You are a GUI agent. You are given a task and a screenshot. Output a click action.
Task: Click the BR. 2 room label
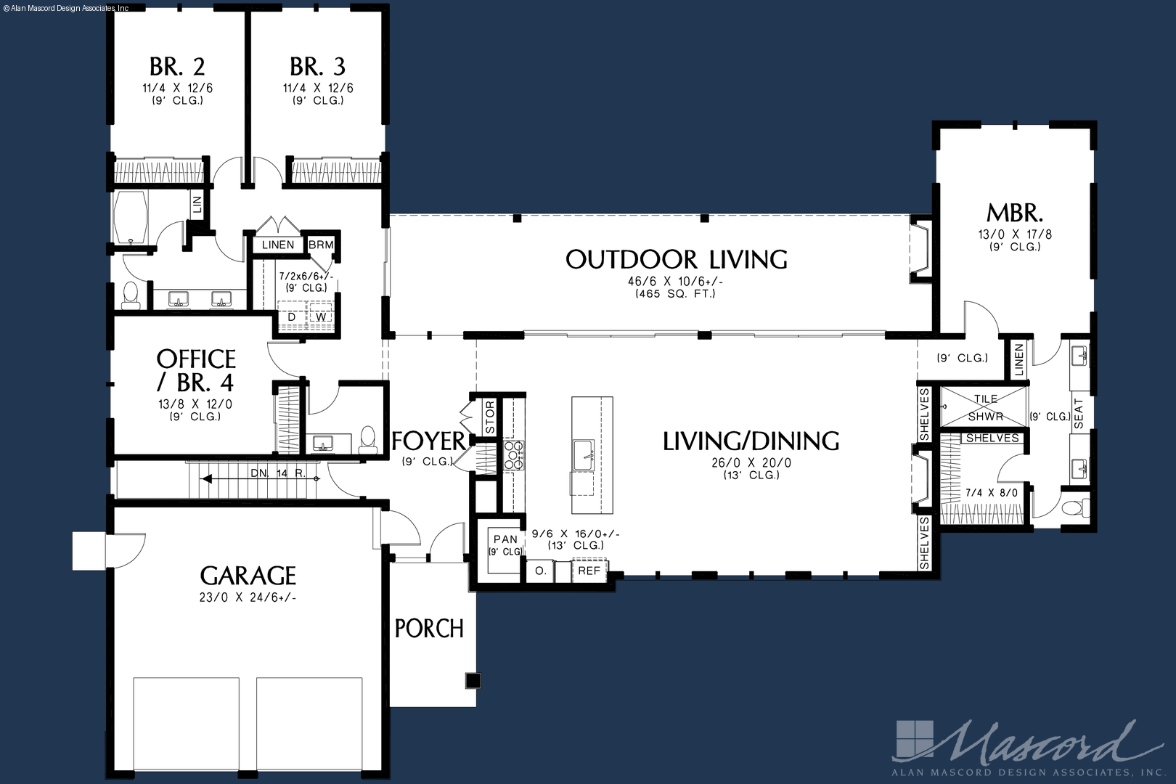(x=177, y=67)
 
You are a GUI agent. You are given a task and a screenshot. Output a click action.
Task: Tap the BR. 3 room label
(x=318, y=67)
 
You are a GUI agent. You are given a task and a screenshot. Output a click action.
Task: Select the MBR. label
(x=1015, y=213)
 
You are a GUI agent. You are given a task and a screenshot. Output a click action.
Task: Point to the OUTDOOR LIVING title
(x=677, y=259)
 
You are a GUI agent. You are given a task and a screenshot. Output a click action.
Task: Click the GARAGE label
(x=248, y=576)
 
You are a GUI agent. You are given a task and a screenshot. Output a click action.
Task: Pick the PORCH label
(x=430, y=629)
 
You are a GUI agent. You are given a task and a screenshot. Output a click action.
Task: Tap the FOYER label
(x=428, y=441)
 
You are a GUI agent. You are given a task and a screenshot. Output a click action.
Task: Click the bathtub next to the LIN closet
(x=130, y=217)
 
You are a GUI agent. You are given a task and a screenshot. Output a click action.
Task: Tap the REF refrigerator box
(x=589, y=571)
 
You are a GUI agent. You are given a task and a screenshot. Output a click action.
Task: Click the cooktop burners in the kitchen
(x=513, y=454)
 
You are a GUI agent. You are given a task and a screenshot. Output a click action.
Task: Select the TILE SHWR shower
(x=984, y=407)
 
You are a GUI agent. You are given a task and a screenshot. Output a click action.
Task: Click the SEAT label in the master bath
(x=1078, y=414)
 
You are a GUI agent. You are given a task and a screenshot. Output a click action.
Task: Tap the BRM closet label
(x=321, y=245)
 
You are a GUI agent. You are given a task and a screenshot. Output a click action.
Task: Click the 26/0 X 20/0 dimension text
(x=751, y=462)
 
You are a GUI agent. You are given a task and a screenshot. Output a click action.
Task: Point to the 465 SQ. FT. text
(x=676, y=293)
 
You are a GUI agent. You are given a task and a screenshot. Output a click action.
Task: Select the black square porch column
(x=473, y=680)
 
